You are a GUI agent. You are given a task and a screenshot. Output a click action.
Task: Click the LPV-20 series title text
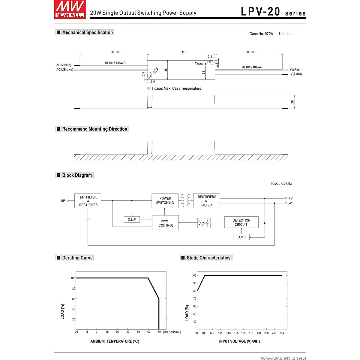[x=273, y=12]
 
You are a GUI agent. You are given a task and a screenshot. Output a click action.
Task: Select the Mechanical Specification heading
[x=87, y=32]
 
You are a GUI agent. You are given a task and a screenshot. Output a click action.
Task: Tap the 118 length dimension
[x=184, y=52]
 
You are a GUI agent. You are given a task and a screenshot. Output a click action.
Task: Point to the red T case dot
[x=205, y=64]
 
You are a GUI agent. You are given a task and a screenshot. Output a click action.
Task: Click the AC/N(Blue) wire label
[x=64, y=65]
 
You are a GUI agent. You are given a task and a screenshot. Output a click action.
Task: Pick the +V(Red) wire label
[x=295, y=70]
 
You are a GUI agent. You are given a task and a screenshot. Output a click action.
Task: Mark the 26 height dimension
[x=292, y=102]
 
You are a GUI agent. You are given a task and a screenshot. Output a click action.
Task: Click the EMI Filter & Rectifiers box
[x=88, y=201]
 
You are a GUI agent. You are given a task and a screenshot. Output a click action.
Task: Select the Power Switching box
[x=165, y=201]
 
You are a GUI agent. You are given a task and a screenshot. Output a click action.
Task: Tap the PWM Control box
[x=166, y=223]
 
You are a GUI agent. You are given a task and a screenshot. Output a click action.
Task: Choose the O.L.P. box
[x=132, y=220]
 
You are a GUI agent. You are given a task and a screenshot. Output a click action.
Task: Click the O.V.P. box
[x=241, y=237]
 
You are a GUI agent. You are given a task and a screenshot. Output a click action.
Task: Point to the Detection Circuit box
[x=241, y=222]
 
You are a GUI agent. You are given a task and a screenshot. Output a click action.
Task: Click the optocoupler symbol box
[x=204, y=223]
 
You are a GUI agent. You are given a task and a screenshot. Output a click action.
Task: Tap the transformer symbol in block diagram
[x=186, y=201]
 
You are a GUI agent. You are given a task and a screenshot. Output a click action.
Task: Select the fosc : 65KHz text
[x=281, y=183]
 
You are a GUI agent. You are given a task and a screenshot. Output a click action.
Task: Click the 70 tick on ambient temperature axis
[x=159, y=332]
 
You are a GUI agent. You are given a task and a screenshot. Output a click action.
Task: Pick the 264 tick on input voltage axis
[x=281, y=333]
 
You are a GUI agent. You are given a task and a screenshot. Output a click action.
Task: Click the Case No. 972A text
[x=261, y=34]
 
